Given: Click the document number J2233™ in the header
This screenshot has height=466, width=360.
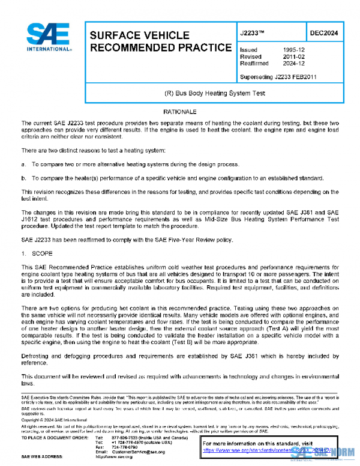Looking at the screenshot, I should (x=252, y=34).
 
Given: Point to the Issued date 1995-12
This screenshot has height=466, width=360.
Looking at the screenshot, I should (x=292, y=50).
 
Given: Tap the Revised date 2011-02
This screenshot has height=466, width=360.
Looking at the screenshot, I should (x=292, y=56).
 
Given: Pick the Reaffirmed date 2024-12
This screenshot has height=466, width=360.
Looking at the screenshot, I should (x=292, y=63).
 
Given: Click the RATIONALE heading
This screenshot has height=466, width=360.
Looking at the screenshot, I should (x=180, y=112).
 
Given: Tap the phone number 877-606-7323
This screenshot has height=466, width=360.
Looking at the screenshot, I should (x=125, y=438).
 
